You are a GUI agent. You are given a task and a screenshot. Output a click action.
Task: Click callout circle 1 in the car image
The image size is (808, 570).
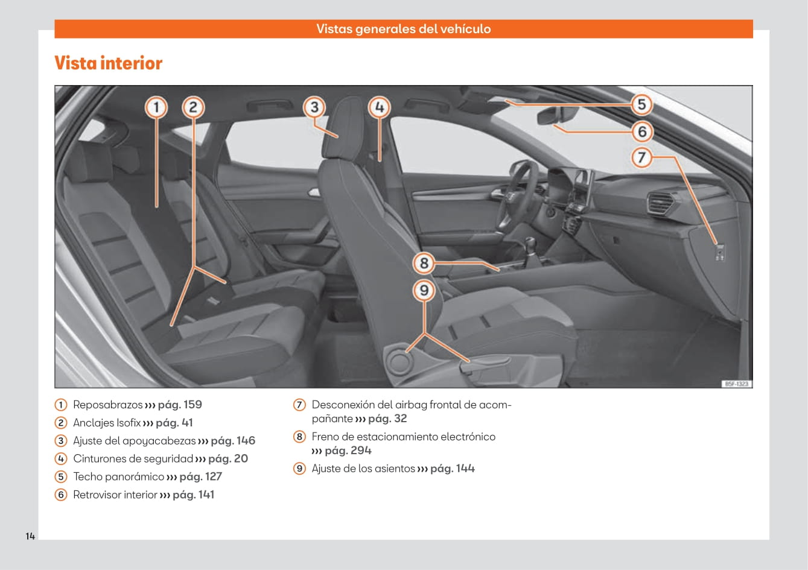tap(156, 108)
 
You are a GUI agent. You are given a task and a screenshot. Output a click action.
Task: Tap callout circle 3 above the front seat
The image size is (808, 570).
tap(314, 108)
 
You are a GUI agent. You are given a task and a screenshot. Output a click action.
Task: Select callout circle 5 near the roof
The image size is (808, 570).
tap(641, 104)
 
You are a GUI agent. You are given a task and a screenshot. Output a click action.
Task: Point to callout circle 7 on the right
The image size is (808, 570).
tap(641, 157)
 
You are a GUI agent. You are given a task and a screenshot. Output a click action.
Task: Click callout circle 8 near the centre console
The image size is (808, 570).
tap(424, 263)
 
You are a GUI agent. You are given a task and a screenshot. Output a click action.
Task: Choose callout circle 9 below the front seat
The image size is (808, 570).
tap(424, 291)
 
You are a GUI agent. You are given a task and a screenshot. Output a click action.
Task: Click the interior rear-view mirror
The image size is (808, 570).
tap(557, 115)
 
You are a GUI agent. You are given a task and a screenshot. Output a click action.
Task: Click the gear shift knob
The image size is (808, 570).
tap(531, 245)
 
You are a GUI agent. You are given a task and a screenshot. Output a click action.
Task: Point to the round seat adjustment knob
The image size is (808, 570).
tap(399, 360)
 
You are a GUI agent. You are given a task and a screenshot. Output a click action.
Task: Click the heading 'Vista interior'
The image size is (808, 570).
tap(109, 63)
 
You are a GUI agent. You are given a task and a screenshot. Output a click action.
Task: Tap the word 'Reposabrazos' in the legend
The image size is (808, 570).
tap(107, 405)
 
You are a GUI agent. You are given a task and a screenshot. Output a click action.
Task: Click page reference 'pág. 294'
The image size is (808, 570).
tap(348, 451)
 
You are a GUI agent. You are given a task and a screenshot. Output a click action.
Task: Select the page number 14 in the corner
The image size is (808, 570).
tap(30, 536)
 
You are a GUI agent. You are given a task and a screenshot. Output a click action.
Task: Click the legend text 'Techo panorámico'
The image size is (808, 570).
tap(118, 477)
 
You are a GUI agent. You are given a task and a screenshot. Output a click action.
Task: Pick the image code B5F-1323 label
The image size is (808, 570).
tap(736, 384)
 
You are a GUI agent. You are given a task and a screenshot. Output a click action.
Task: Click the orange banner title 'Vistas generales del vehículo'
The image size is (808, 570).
tap(403, 29)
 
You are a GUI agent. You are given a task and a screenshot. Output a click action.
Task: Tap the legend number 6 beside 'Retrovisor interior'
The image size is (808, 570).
tap(61, 495)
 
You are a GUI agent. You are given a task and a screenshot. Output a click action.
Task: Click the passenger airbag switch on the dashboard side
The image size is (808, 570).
tap(719, 251)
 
